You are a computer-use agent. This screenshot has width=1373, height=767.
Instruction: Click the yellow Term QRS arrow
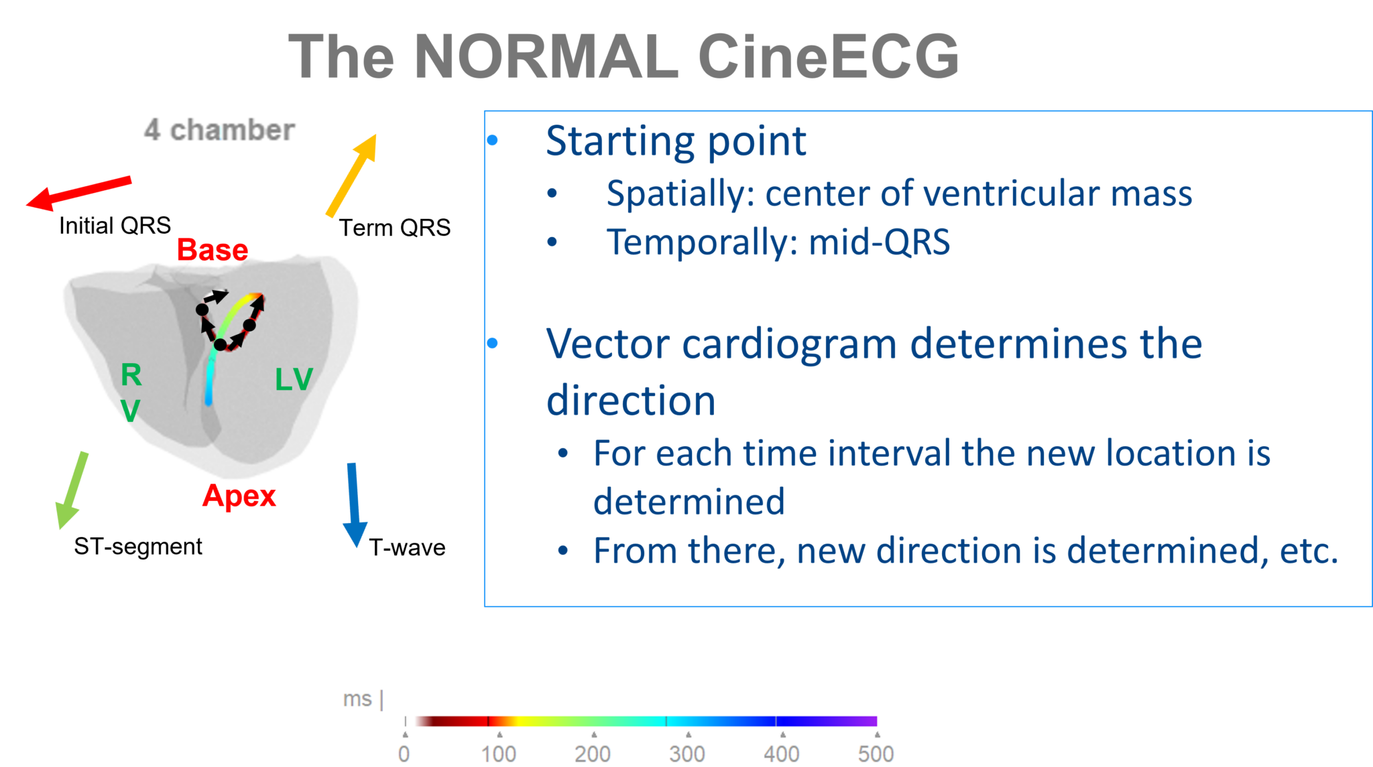pos(351,176)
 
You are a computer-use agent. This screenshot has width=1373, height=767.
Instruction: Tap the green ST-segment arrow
pos(72,490)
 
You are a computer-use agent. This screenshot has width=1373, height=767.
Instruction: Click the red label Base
pos(213,250)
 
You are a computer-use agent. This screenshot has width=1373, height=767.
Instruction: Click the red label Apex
pos(239,496)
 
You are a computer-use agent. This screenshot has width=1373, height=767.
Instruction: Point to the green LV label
pos(294,380)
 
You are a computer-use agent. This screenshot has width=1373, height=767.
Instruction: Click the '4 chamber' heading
pos(219,130)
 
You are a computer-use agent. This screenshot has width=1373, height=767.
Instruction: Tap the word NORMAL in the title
pos(546,57)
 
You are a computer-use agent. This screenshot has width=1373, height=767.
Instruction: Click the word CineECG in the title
pos(828,57)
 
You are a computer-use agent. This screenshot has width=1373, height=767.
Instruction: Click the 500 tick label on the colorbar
pos(876,754)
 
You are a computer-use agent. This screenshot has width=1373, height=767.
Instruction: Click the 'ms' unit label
pos(357,699)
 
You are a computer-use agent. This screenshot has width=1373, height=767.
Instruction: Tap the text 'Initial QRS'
pos(115,226)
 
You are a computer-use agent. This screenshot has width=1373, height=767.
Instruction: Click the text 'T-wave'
pos(407,548)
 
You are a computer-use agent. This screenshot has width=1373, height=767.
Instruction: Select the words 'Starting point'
pos(676,141)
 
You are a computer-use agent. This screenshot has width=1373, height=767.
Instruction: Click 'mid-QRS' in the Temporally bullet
pos(879,242)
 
